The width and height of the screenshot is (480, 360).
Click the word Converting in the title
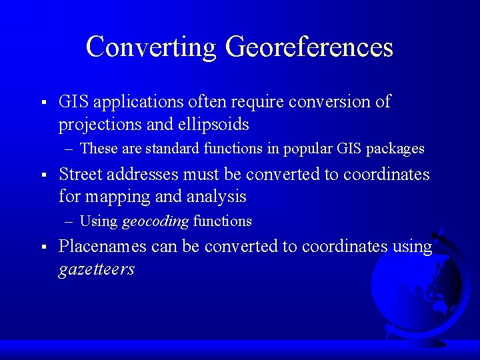[151, 47]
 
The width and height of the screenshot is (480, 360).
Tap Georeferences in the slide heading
[309, 47]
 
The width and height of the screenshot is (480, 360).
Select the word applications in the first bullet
[138, 102]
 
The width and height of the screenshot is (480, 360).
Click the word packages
[395, 149]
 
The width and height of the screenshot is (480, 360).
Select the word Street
[79, 175]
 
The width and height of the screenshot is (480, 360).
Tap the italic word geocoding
[155, 221]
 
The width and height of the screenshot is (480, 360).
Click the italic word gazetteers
[97, 269]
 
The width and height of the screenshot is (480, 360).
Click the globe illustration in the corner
[417, 290]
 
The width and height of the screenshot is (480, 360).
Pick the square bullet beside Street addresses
[43, 175]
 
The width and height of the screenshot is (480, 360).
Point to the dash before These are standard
[70, 149]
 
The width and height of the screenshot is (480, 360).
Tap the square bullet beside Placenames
[43, 247]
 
